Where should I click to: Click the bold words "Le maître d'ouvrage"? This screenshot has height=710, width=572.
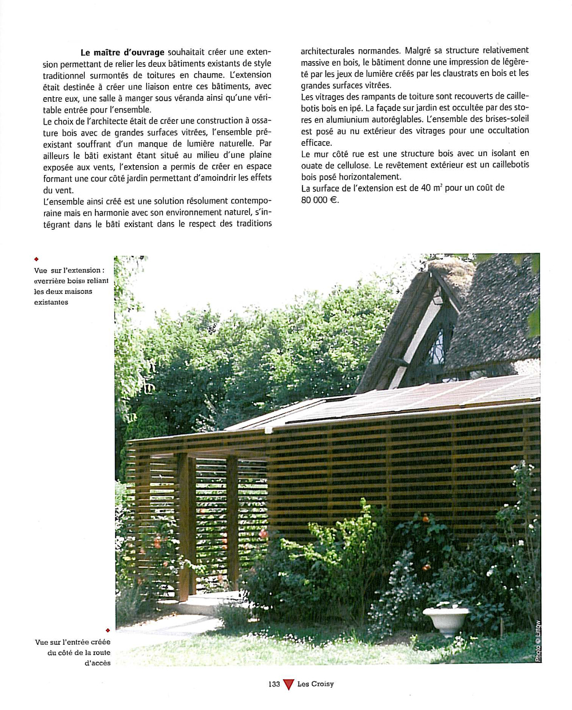pyautogui.click(x=122, y=52)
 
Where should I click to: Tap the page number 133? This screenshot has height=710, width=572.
pyautogui.click(x=274, y=684)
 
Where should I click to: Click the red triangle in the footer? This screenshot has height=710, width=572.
pyautogui.click(x=288, y=684)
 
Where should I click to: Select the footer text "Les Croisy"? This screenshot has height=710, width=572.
pyautogui.click(x=315, y=684)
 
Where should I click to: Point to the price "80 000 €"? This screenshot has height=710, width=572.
pyautogui.click(x=320, y=200)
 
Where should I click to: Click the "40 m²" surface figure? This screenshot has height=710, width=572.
pyautogui.click(x=431, y=188)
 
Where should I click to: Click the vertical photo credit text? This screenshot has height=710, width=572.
pyautogui.click(x=538, y=641)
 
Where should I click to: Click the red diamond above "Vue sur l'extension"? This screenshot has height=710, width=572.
pyautogui.click(x=36, y=259)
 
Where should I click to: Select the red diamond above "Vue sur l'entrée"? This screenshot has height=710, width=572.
pyautogui.click(x=107, y=630)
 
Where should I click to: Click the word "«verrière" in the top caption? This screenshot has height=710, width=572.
pyautogui.click(x=51, y=281)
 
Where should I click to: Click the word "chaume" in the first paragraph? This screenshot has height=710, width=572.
pyautogui.click(x=209, y=75)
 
